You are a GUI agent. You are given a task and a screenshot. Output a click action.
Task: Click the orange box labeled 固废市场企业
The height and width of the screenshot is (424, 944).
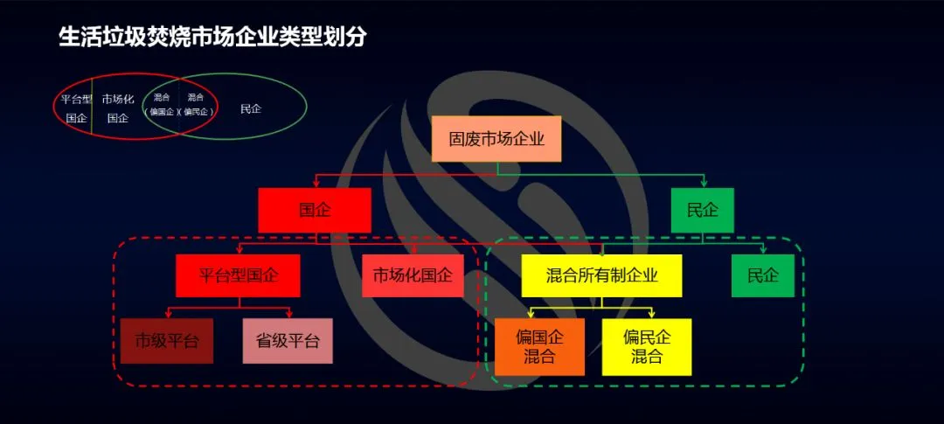point(496,138)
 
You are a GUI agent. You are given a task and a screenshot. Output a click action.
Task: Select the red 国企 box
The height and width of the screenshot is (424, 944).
point(315,211)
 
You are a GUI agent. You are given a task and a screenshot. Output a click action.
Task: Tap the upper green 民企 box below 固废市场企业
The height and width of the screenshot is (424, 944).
point(702,211)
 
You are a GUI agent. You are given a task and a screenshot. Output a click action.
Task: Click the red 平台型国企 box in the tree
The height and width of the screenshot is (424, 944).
point(238,276)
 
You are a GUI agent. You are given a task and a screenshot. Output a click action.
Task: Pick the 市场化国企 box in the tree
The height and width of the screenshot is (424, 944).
point(413,276)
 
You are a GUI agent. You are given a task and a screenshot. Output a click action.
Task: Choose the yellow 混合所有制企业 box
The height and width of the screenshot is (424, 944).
point(601,276)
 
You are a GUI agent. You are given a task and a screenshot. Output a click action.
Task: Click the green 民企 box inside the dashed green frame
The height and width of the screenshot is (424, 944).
point(762,276)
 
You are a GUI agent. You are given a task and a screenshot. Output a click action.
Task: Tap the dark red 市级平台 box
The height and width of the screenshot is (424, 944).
point(166,340)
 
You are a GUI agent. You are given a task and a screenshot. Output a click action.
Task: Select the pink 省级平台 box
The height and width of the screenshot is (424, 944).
point(288,340)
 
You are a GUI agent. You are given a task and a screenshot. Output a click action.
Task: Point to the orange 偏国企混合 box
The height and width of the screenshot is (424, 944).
point(539,347)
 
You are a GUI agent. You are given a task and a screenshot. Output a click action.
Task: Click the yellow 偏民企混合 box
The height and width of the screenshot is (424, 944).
point(647,347)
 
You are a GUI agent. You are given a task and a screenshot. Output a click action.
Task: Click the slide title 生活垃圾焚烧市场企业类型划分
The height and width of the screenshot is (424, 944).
point(212,38)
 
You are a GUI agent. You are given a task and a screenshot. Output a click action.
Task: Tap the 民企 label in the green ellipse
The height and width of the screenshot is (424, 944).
point(251,109)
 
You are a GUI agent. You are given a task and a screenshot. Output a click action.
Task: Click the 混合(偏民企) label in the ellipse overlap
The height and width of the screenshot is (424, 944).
point(197,105)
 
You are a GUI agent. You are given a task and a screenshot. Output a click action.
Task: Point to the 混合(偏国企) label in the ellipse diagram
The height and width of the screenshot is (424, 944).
point(162,105)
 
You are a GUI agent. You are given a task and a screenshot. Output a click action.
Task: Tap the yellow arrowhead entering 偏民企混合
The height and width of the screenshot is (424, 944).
point(650,315)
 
